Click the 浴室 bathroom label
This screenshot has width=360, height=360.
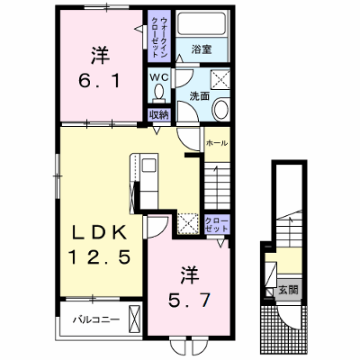tap(202, 49)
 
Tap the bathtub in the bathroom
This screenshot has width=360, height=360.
tap(202, 23)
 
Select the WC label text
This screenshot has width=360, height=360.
tap(159, 77)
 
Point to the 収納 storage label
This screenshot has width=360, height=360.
tap(159, 114)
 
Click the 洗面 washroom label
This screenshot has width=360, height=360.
tap(199, 96)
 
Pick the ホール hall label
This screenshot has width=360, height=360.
tap(217, 143)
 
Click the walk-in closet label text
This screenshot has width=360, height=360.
tap(159, 37)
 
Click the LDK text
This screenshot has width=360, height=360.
tap(99, 232)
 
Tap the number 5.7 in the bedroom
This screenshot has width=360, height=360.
tap(189, 301)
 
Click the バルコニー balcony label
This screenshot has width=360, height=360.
tap(96, 319)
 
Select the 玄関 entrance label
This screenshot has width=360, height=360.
tap(288, 290)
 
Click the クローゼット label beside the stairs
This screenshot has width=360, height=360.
tap(217, 224)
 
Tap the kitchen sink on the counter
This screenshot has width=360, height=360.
tap(149, 166)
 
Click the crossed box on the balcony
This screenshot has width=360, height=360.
tap(134, 319)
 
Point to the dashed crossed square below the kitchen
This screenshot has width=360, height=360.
tap(188, 223)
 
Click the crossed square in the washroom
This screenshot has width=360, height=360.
tap(220, 79)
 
